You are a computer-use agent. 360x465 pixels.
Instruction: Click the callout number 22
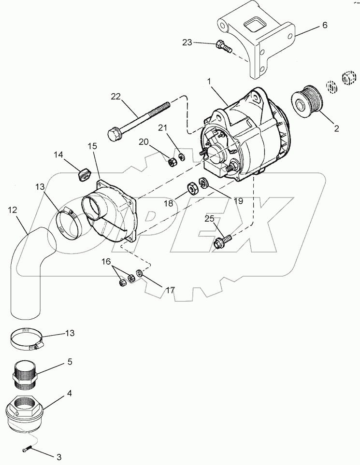(115, 97)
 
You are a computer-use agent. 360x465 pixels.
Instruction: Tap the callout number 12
(13, 210)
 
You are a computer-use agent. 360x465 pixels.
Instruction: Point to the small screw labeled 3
(28, 450)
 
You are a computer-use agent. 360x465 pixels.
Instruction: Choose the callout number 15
(93, 146)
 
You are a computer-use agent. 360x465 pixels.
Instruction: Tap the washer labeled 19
(202, 183)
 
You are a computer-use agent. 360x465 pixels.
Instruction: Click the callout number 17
(170, 291)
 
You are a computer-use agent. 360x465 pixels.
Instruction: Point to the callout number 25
(209, 219)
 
